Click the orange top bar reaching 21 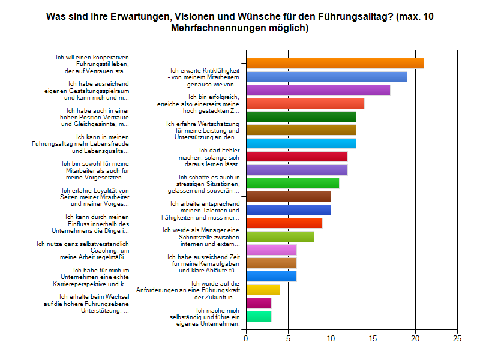335,63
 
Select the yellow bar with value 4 263,290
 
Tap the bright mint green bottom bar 259,316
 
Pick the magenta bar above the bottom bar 259,303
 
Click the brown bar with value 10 288,196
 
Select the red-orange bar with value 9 284,223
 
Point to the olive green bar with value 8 280,236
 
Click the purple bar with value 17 318,90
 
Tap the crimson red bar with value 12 296,157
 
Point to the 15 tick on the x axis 373,338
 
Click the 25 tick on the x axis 457,338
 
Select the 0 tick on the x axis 246,338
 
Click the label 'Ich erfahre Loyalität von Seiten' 93,197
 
